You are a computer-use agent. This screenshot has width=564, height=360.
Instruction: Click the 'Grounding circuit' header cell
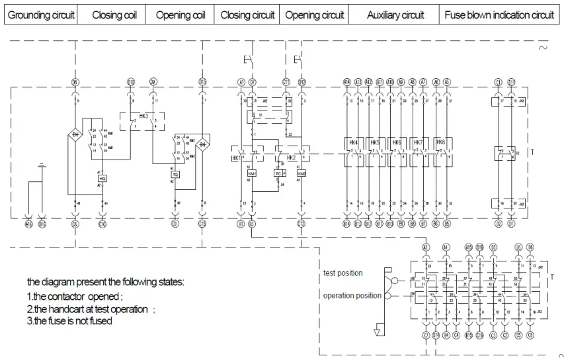click(x=41, y=15)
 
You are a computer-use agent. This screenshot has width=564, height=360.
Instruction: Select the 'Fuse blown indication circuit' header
click(x=499, y=15)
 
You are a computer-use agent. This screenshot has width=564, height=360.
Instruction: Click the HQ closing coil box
click(x=102, y=178)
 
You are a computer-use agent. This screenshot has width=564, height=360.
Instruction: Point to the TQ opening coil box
click(x=175, y=174)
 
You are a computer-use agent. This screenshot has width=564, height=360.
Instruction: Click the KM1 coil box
click(x=252, y=173)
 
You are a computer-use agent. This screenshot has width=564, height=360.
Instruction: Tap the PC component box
click(x=278, y=173)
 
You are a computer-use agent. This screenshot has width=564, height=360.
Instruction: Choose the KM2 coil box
click(x=302, y=173)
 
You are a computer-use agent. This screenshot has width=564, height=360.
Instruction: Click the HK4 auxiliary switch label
click(x=352, y=142)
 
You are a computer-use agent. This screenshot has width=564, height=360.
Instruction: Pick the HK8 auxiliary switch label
click(x=440, y=142)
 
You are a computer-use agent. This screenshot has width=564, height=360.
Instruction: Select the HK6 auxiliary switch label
click(x=397, y=142)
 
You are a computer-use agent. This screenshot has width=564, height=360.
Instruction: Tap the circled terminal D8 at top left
click(x=75, y=82)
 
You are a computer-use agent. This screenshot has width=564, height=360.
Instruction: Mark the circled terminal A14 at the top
click(x=346, y=82)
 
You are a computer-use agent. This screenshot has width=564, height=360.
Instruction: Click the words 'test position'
click(x=342, y=273)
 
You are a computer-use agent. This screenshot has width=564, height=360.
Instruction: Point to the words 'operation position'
click(x=352, y=295)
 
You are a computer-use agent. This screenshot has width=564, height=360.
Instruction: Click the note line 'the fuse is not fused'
click(x=69, y=321)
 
